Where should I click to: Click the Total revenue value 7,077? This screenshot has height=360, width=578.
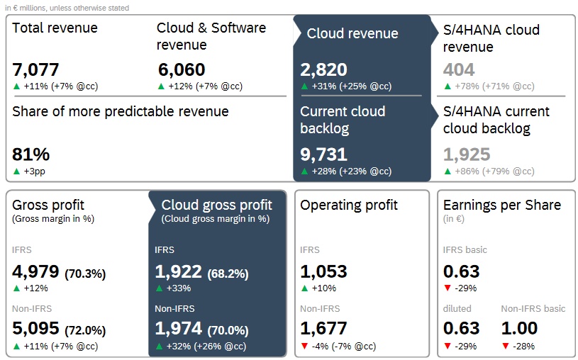(35, 69)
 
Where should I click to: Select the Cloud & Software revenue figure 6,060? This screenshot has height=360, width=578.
(181, 69)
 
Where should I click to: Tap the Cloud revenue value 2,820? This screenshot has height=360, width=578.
(323, 69)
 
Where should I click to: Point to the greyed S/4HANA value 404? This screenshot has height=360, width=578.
(459, 69)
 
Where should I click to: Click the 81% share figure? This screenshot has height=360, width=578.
(31, 154)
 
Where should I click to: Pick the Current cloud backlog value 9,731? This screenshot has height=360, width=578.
(323, 154)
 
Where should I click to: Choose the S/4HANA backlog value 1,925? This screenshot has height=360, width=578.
(467, 154)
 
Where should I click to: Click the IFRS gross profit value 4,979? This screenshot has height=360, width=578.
(35, 271)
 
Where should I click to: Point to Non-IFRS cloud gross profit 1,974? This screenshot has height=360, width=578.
(178, 328)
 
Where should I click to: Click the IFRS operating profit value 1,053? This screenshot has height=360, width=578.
(323, 271)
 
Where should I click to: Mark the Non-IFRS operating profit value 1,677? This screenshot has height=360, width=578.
(323, 328)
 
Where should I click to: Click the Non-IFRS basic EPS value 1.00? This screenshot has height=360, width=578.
(519, 328)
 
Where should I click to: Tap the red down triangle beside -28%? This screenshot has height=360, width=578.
(505, 346)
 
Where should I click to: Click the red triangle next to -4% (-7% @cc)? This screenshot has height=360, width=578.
(304, 346)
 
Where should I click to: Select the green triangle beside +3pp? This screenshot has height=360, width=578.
(17, 171)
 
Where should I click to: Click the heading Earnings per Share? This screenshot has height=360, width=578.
(502, 205)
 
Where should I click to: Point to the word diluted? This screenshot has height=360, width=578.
(457, 308)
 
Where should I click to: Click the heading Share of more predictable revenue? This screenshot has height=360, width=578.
(121, 111)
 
